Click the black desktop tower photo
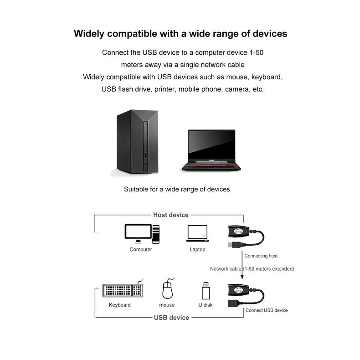pos(137,142)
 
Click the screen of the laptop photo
pos(211,144)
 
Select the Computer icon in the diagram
pos(142,234)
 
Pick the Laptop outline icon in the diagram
pos(197,233)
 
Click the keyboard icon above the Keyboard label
pos(123,290)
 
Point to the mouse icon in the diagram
pos(168,288)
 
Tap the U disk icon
pos(206,291)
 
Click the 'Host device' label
pos(171,215)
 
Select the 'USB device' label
pos(171,318)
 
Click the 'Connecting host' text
pos(261,256)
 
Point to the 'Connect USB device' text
pos(267,310)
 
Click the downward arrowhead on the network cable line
pos(242,277)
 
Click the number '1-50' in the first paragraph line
pos(257,52)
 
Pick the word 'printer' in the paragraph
pos(165,89)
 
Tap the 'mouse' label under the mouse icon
pos(167,305)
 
